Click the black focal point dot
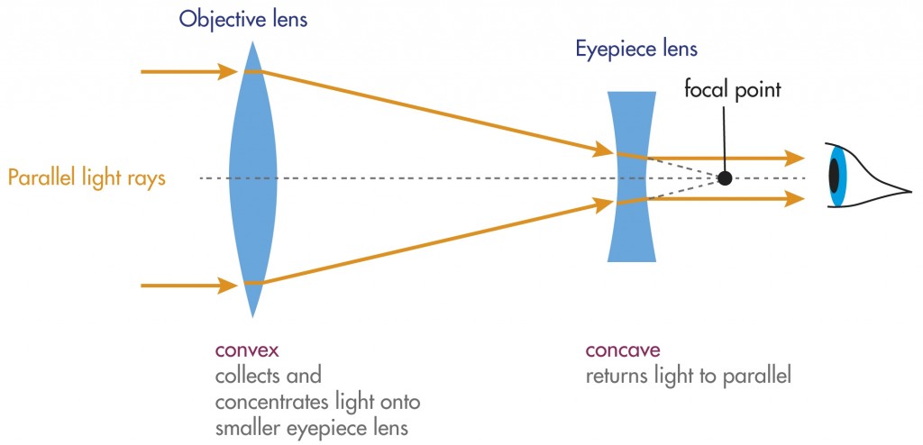(x=725, y=178)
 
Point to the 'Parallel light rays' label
(x=87, y=178)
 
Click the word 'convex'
(x=242, y=350)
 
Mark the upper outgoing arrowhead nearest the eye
(x=794, y=159)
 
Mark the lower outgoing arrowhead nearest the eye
(x=794, y=198)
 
